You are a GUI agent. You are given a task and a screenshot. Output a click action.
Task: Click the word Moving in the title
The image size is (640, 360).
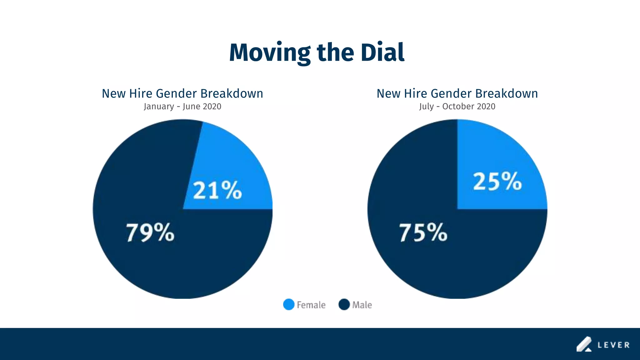269,52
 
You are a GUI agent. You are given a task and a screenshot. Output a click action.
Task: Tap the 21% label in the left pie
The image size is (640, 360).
217,190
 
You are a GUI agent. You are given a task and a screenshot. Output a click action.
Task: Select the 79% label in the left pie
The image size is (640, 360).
150,232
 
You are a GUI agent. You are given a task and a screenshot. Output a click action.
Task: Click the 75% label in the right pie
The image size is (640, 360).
423,232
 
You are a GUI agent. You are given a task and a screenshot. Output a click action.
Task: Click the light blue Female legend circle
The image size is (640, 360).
288,305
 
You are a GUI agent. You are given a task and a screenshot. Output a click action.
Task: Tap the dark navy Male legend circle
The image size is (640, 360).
344,305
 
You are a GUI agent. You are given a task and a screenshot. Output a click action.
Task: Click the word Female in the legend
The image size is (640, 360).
311,305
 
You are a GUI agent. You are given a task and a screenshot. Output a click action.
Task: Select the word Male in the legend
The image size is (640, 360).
362,305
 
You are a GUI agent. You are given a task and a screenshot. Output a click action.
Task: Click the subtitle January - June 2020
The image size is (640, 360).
182,107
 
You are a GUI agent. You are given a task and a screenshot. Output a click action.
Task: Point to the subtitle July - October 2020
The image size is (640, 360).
457,107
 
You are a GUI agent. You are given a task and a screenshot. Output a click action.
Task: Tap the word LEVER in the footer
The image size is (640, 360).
613,345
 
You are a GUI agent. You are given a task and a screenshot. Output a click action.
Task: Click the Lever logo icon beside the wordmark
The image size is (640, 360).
584,344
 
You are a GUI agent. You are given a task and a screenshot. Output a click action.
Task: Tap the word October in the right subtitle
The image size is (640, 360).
458,107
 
